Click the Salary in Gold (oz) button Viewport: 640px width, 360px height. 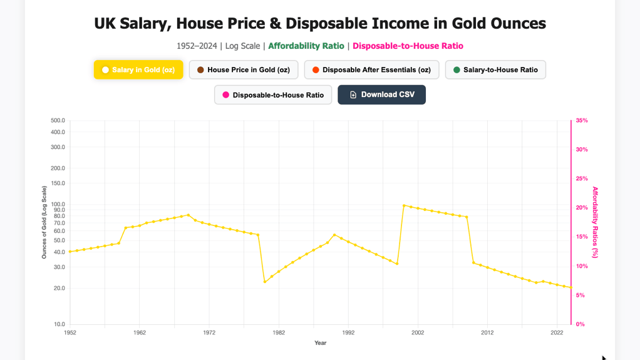pos(138,69)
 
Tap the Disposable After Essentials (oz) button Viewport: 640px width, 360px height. pos(371,69)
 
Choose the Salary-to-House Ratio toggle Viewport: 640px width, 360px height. pos(495,69)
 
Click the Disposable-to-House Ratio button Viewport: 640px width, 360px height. pos(273,95)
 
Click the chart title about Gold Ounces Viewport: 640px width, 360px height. pos(319,24)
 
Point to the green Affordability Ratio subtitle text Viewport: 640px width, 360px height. pos(306,46)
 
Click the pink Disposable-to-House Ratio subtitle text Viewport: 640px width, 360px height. pos(408,46)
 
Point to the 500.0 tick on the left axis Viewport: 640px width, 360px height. pos(58,120)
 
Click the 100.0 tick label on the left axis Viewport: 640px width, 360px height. pos(58,204)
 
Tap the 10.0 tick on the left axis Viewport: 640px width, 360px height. pos(59,324)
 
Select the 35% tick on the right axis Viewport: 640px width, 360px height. pos(581,120)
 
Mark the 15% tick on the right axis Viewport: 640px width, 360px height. pos(581,237)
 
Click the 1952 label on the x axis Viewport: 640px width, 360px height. pos(70,332)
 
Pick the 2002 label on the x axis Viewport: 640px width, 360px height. pos(418,332)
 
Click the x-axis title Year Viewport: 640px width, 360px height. pos(320,342)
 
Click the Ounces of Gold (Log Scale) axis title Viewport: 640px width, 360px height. pos(44,222)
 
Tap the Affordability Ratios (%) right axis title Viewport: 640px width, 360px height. pos(595,222)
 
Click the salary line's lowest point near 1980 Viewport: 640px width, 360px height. pos(265,282)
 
